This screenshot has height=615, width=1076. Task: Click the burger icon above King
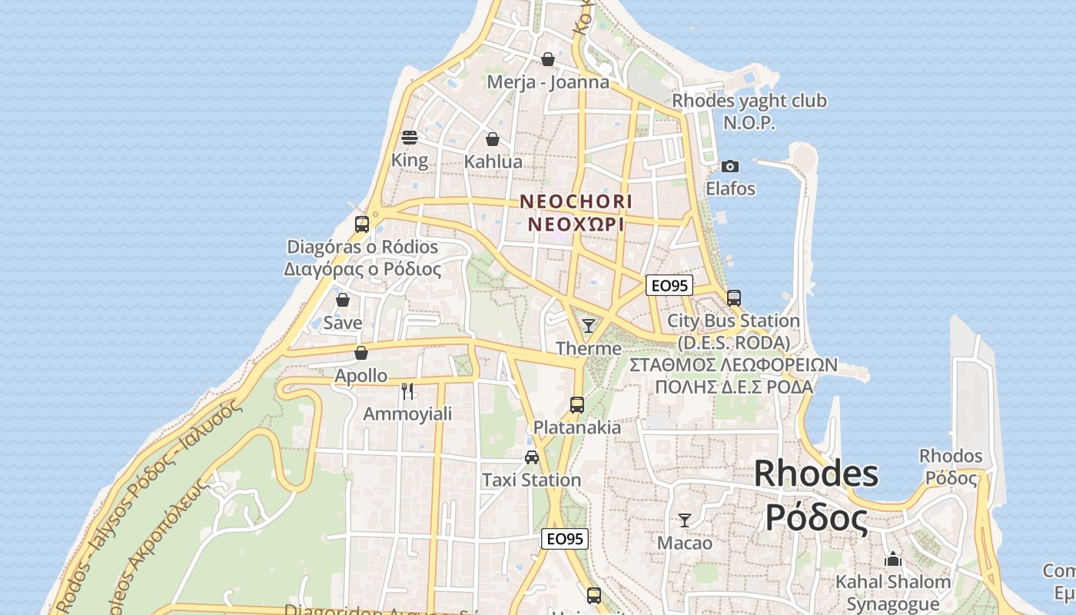point(409,138)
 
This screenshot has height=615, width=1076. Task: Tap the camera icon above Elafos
point(729,166)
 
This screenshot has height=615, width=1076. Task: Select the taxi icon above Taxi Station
point(531,457)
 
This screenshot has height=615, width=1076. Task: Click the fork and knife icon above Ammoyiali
point(407,391)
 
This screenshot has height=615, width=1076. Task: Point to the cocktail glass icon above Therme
point(589,325)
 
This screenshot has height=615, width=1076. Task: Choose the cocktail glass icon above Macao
point(685,520)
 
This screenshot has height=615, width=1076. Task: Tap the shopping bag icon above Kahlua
point(493,139)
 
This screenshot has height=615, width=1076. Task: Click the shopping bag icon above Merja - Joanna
point(548,59)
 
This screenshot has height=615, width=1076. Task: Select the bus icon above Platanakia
point(577,404)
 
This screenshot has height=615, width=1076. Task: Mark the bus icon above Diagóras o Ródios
point(362,224)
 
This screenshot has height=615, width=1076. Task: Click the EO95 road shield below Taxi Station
point(565,539)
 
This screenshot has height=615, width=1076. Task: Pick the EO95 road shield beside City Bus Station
point(669,286)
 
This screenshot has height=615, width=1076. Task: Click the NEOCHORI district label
point(576,201)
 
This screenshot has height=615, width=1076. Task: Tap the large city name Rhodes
point(815,473)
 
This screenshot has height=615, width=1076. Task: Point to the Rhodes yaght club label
point(749,101)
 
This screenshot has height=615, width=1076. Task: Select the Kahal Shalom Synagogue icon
point(892,559)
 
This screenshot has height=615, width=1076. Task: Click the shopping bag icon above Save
point(343,300)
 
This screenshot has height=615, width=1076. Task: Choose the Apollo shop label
point(361,376)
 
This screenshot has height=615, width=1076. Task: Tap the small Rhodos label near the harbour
point(951,456)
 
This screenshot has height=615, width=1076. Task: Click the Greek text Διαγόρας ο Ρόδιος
point(363,270)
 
